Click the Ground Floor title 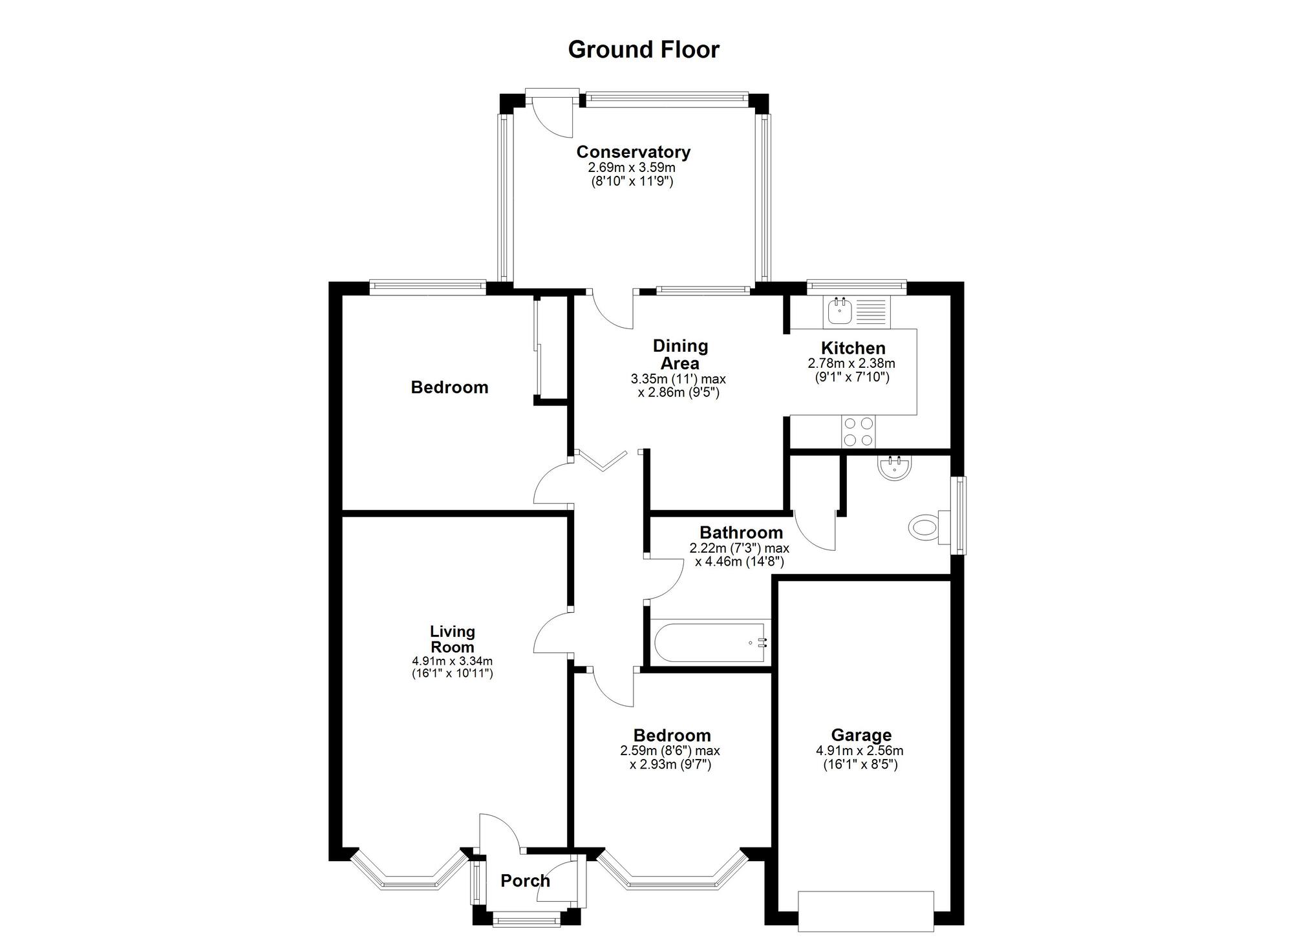coord(643,50)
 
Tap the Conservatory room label coord(633,152)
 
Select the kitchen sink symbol coord(857,311)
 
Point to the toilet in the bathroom coord(924,528)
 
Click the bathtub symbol coord(710,643)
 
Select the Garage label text coord(860,735)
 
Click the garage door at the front coord(866,910)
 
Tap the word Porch coord(525,881)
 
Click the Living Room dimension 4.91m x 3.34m coord(452,661)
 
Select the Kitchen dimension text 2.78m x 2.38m coord(851,363)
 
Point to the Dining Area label coord(680,354)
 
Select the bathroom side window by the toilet coord(961,515)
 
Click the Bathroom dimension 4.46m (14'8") coord(740,561)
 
